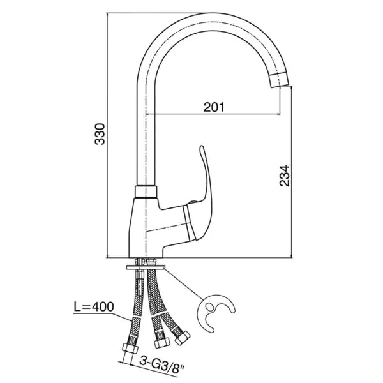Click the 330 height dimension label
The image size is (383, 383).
(x=100, y=134)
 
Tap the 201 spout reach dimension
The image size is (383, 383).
(x=214, y=107)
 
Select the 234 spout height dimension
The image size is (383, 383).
(x=284, y=176)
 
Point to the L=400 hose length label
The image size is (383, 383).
(x=94, y=306)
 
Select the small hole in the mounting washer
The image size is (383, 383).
(x=209, y=306)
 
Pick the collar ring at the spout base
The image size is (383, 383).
(x=146, y=191)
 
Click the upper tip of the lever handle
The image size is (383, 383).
(x=202, y=147)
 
